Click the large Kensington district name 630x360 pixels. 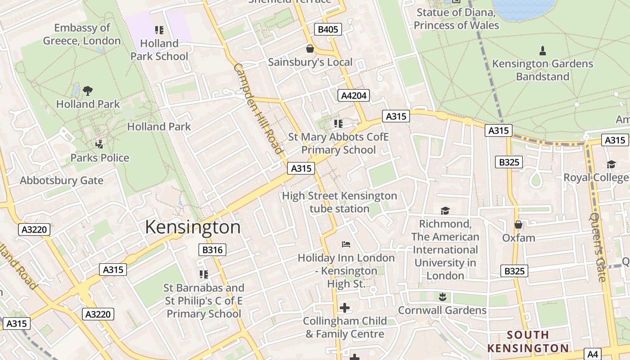[x=193, y=227]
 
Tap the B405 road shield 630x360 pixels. [x=327, y=30]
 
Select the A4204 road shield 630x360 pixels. [x=353, y=95]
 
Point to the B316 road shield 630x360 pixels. [x=212, y=250]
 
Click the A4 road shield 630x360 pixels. [x=593, y=354]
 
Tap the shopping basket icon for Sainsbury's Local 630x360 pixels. [x=310, y=48]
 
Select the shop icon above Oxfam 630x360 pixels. [x=518, y=224]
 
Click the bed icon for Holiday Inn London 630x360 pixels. [x=346, y=244]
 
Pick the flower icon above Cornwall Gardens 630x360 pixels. [x=442, y=297]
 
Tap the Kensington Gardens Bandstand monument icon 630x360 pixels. [x=542, y=50]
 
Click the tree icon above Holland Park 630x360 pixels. [x=88, y=90]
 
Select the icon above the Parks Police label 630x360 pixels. [x=99, y=144]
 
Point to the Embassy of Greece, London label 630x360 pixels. [x=82, y=34]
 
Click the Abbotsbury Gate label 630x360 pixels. [x=62, y=180]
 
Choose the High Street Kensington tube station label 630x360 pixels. [x=339, y=202]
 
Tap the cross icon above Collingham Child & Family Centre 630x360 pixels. [x=345, y=308]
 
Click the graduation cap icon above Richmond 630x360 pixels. [x=445, y=211]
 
